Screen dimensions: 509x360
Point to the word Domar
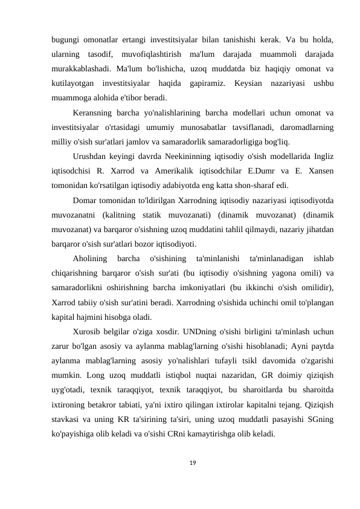85,200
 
